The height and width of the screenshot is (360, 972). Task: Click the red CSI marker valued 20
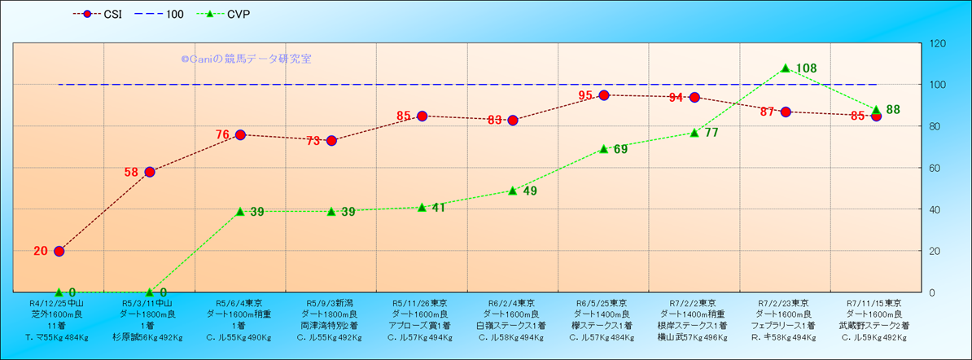click(x=59, y=251)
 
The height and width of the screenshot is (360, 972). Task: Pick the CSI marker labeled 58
click(x=150, y=172)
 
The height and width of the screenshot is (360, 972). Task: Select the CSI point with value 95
click(x=604, y=95)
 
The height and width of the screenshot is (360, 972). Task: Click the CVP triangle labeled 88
click(x=876, y=110)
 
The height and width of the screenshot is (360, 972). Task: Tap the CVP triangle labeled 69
click(x=604, y=149)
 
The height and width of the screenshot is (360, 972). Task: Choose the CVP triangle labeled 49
click(x=513, y=191)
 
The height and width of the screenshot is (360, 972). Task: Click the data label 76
click(x=222, y=135)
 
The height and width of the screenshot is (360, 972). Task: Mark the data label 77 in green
click(x=711, y=133)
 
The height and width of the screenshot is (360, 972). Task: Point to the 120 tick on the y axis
click(x=937, y=44)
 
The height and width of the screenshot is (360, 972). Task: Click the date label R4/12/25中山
click(x=58, y=302)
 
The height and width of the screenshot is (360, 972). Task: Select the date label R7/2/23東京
click(x=785, y=302)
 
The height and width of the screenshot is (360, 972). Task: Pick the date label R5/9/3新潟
click(x=331, y=302)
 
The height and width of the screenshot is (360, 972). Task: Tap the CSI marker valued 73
click(x=331, y=141)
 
